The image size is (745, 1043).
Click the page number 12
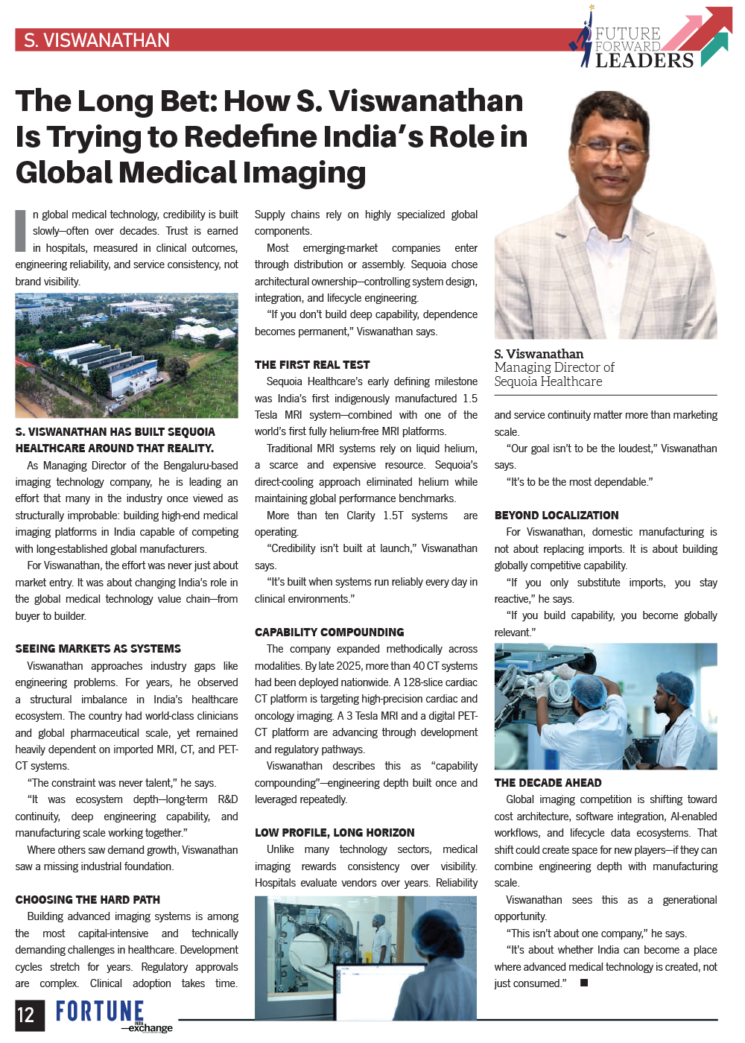(26, 1015)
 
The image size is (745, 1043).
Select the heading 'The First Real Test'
(312, 364)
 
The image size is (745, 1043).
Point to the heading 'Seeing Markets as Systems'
(98, 648)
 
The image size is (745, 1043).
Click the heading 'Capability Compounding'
(329, 632)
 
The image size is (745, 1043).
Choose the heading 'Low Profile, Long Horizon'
(335, 832)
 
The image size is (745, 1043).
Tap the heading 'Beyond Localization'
(556, 515)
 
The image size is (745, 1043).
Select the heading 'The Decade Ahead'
(548, 782)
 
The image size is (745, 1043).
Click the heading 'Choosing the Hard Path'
(87, 899)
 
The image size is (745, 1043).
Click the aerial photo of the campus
(127, 355)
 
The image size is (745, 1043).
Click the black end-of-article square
(584, 983)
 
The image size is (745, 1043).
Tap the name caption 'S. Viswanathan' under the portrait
(539, 354)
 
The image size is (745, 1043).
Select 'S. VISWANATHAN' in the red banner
(97, 40)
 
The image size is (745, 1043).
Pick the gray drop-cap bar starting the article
(20, 231)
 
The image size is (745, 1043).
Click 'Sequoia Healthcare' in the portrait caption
(548, 381)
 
